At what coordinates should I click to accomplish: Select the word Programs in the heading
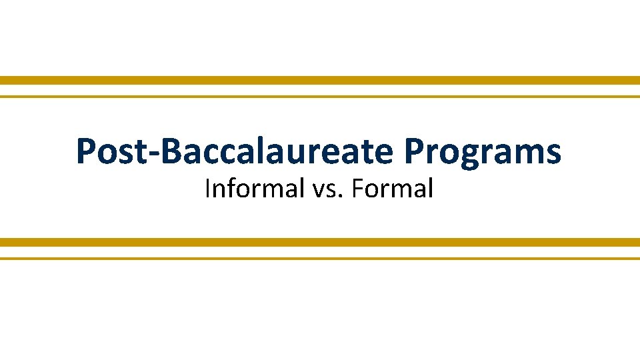(483, 153)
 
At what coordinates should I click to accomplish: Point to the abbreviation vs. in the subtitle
(323, 190)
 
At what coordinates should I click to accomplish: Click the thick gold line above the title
(320, 80)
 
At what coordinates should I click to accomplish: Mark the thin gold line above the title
(320, 97)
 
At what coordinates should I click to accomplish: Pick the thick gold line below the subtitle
(320, 242)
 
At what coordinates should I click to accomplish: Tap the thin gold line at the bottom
(320, 258)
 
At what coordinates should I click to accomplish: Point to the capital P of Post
(86, 151)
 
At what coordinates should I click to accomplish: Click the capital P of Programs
(413, 151)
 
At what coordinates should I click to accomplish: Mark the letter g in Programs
(467, 156)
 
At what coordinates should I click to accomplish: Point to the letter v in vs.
(317, 192)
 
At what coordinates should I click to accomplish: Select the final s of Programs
(553, 155)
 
